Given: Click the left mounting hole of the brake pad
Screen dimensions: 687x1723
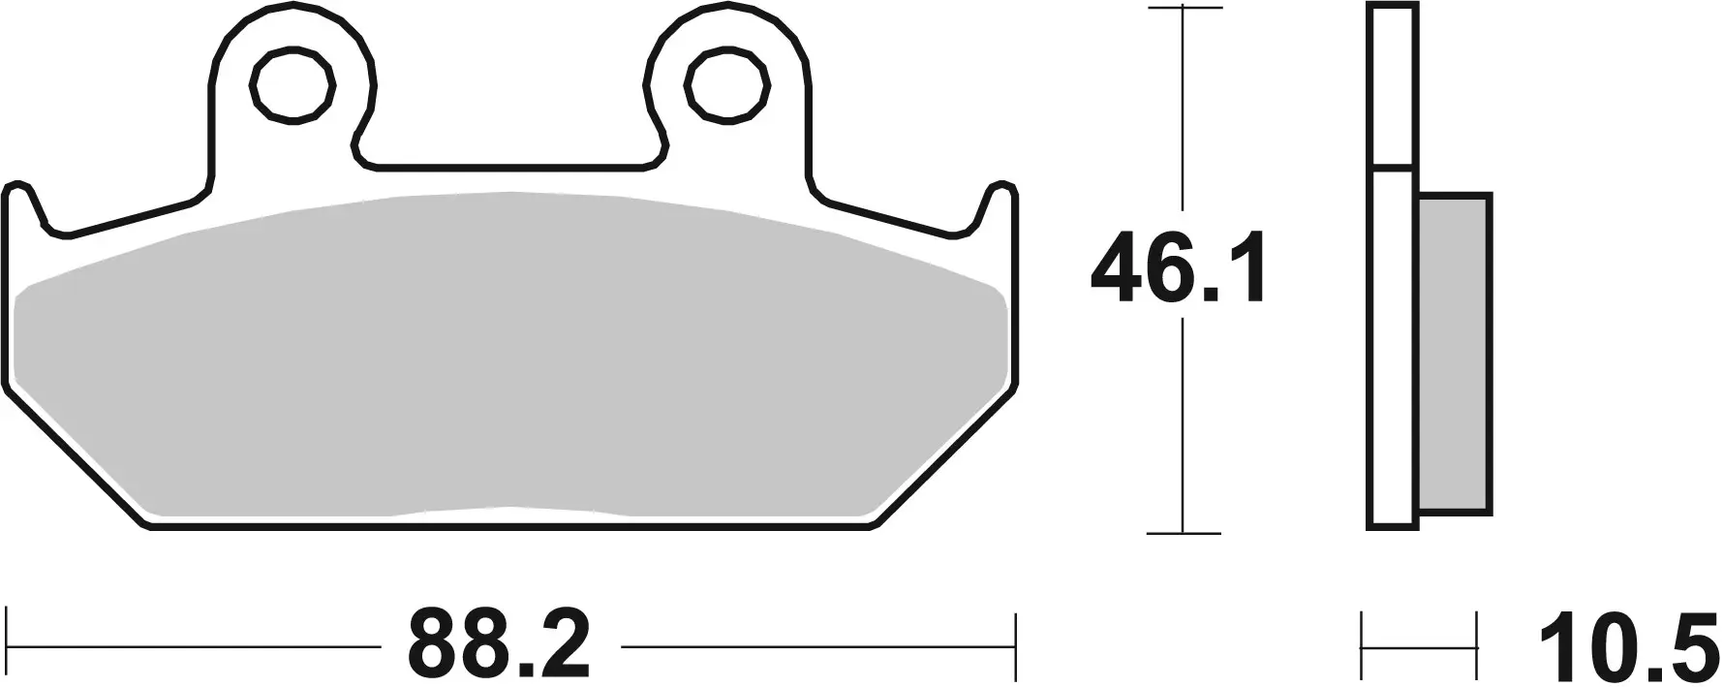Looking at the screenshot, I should point(292,86).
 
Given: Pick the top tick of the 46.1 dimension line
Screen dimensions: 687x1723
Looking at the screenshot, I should point(1183,9).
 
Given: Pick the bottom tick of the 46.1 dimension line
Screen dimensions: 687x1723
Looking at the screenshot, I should point(1183,532).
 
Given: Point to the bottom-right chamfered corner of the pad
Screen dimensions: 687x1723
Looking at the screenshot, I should point(944,455).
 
